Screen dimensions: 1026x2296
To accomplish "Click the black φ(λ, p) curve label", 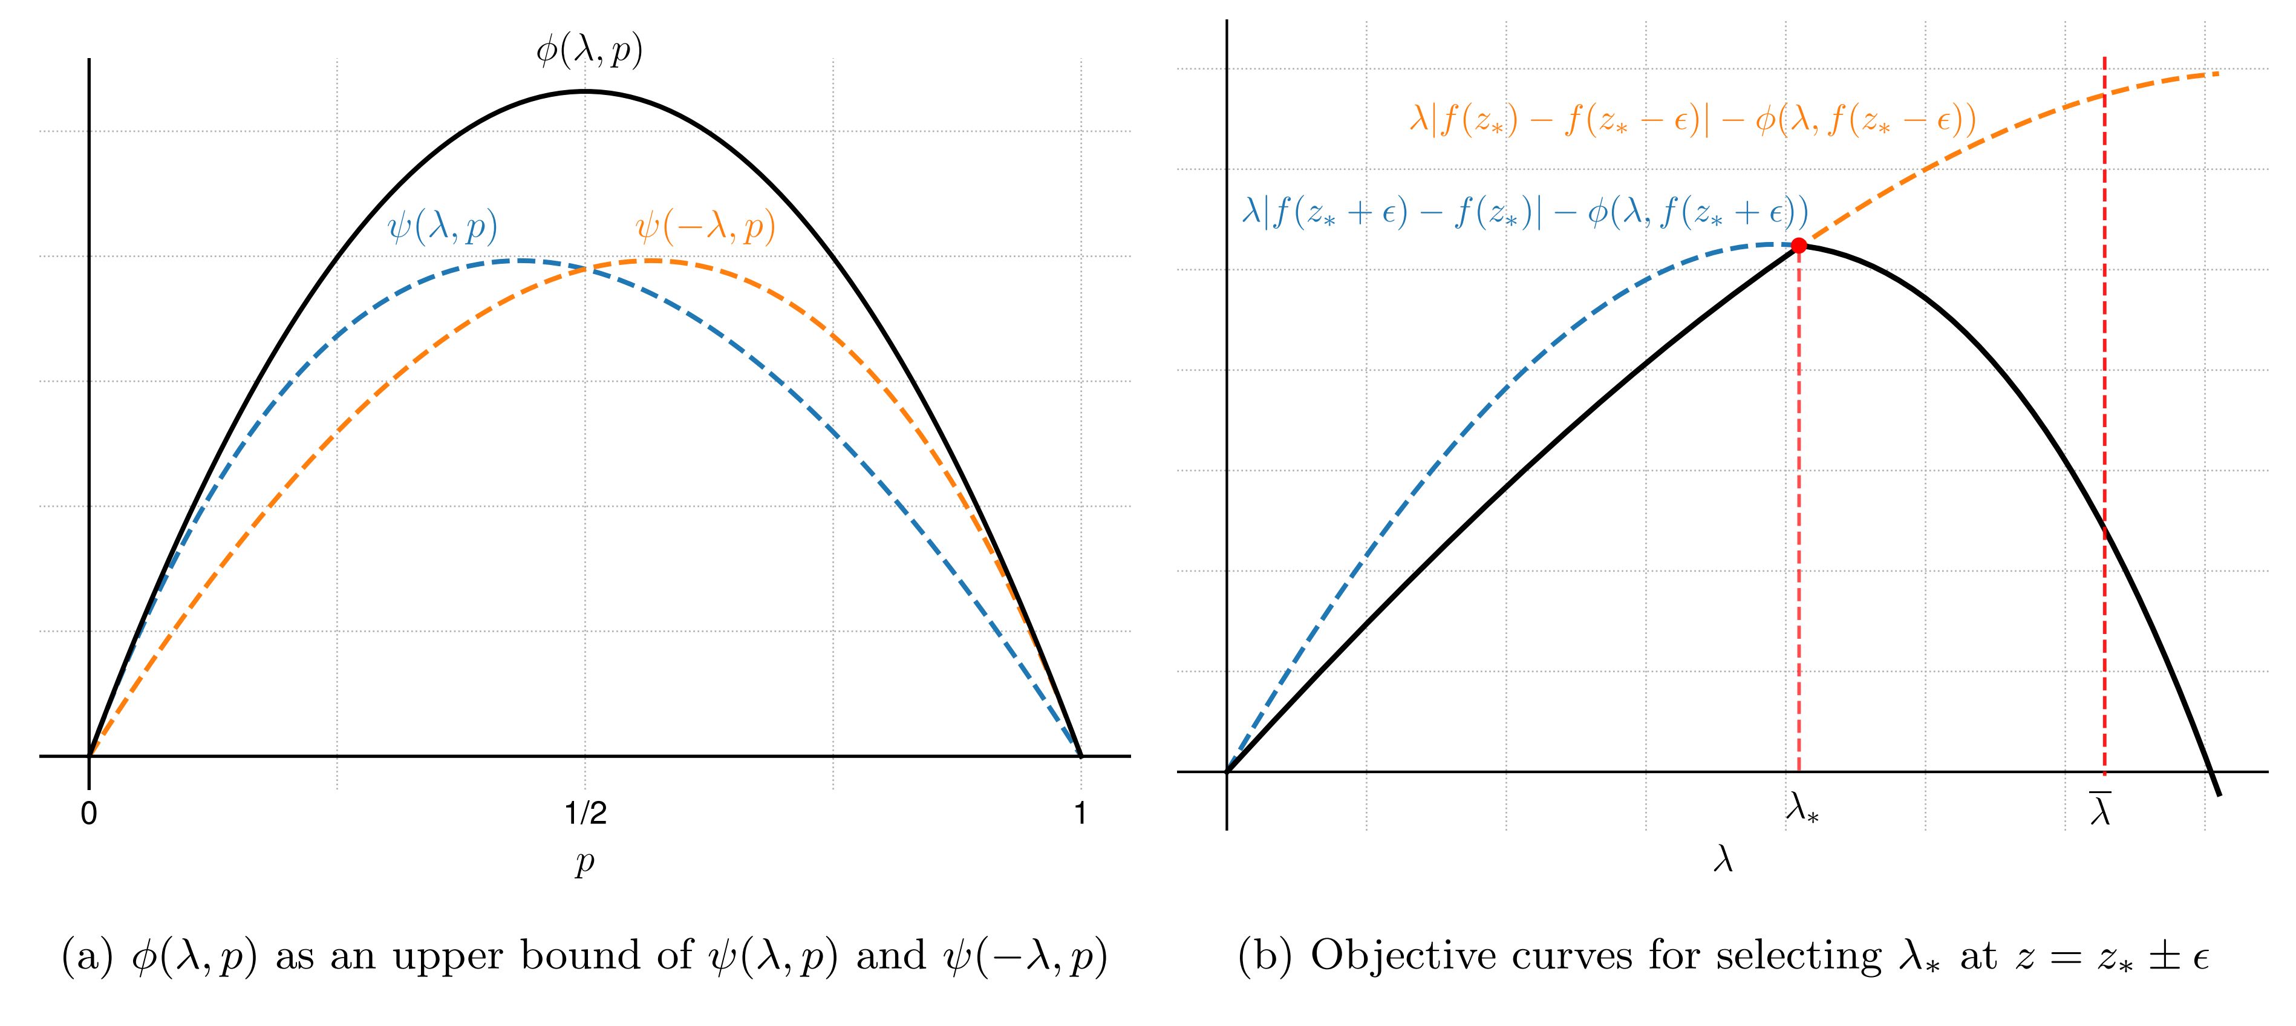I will [x=589, y=51].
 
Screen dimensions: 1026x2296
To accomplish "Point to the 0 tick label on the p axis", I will [x=88, y=814].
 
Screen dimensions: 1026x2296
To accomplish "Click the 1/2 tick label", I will [x=585, y=814].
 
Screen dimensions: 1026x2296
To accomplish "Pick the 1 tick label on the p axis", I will [x=1080, y=814].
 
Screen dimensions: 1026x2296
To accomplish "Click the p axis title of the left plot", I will [x=585, y=863].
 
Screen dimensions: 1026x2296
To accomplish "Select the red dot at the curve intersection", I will [x=1799, y=245].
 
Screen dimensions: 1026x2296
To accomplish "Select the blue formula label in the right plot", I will [x=1525, y=214].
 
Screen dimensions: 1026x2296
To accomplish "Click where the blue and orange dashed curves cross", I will [x=585, y=267].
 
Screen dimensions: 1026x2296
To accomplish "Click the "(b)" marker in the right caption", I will [x=1266, y=956].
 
